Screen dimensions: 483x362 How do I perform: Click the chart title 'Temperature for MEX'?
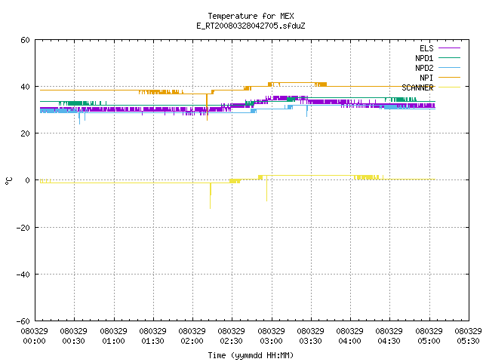click(251, 16)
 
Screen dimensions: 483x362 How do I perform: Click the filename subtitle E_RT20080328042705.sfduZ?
click(251, 26)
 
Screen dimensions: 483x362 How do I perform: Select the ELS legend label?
click(426, 48)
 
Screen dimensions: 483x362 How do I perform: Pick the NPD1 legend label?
click(424, 58)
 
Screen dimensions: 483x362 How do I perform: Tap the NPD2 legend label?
click(424, 68)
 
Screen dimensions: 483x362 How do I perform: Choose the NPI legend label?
click(426, 78)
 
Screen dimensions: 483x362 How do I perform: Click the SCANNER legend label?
click(417, 87)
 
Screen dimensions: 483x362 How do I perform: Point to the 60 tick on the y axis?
click(25, 40)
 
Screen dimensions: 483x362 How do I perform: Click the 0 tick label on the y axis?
click(28, 180)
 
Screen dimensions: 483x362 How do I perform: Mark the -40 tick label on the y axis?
click(23, 275)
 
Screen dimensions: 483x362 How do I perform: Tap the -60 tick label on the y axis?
click(23, 321)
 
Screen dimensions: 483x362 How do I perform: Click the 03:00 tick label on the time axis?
click(271, 341)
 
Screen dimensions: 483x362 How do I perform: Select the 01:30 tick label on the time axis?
click(152, 341)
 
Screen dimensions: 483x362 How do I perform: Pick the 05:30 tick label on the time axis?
click(468, 341)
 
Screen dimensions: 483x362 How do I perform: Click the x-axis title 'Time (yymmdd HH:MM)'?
click(251, 355)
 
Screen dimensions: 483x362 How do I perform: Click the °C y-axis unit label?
click(8, 181)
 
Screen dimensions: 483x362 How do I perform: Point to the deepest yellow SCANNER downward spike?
click(211, 196)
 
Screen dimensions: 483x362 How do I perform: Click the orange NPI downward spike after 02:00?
click(207, 107)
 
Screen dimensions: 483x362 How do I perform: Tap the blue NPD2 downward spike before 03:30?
click(307, 111)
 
